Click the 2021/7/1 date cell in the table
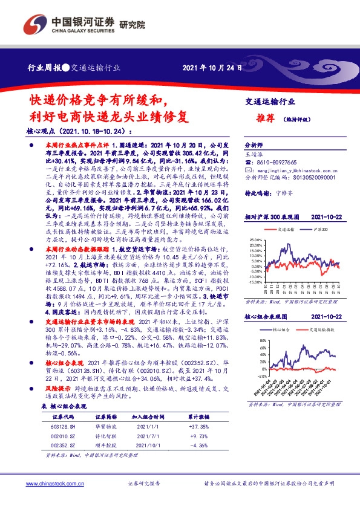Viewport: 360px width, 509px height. click(148, 436)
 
